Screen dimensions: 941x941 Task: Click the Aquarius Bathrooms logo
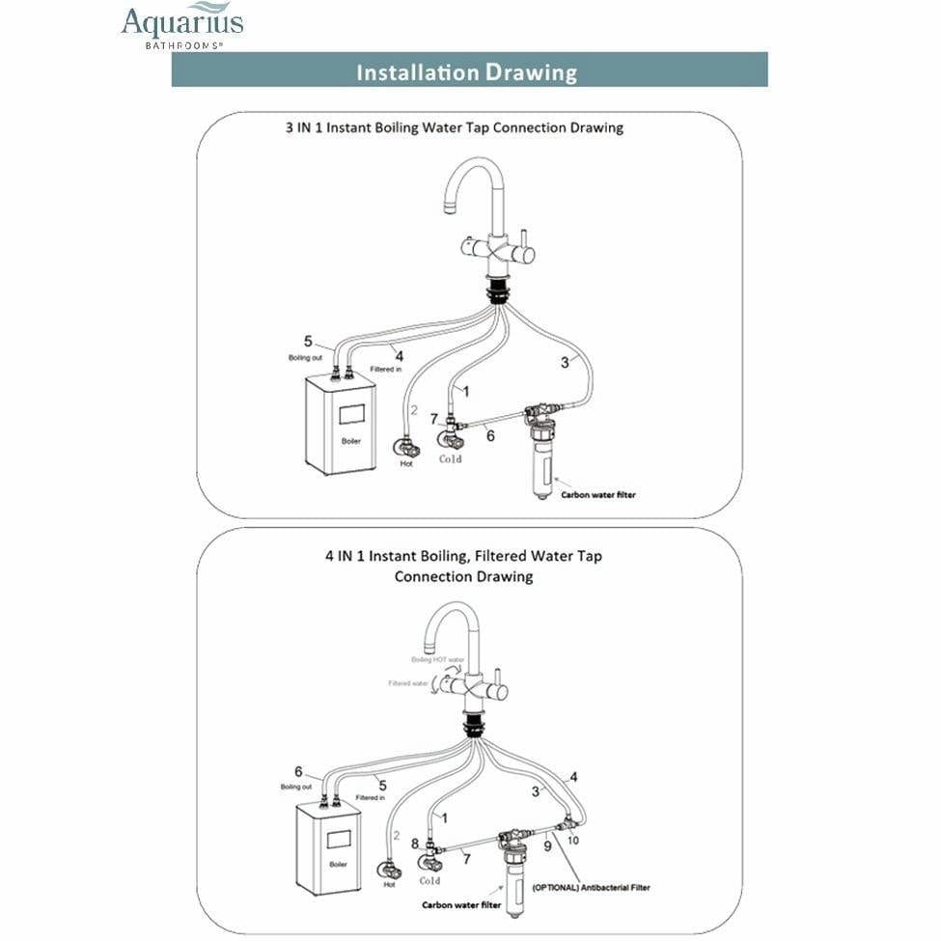pos(181,26)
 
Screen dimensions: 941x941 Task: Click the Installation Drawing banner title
pos(467,72)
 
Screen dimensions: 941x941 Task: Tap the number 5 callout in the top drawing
pos(308,341)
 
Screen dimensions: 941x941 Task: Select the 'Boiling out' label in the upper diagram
pos(305,358)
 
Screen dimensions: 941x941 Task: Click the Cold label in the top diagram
pos(450,459)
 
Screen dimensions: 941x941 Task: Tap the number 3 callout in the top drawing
pos(565,363)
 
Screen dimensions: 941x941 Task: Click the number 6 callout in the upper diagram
pos(490,436)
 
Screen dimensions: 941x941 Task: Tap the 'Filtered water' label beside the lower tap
pos(409,682)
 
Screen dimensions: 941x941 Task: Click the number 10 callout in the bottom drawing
pos(573,840)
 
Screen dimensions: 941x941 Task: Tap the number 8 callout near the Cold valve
pos(415,843)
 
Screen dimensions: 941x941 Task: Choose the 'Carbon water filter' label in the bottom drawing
pos(461,905)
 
